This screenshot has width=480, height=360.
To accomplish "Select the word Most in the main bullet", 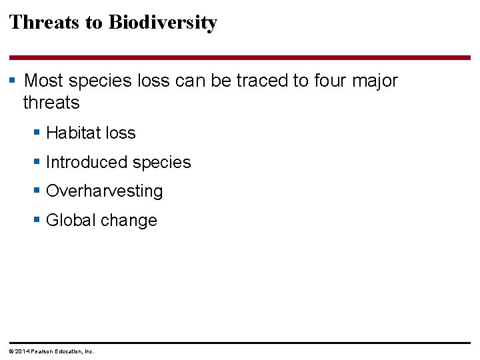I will [43, 81].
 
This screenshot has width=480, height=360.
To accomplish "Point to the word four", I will [329, 81].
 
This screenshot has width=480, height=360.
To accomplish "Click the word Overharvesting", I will [105, 192].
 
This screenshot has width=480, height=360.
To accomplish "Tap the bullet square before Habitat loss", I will [37, 133].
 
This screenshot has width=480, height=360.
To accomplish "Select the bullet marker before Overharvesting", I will [37, 191].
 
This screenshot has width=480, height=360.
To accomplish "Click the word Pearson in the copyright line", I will [41, 351].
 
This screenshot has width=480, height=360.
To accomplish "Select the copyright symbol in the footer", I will [11, 351].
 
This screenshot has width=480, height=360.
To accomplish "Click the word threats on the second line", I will [51, 103].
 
